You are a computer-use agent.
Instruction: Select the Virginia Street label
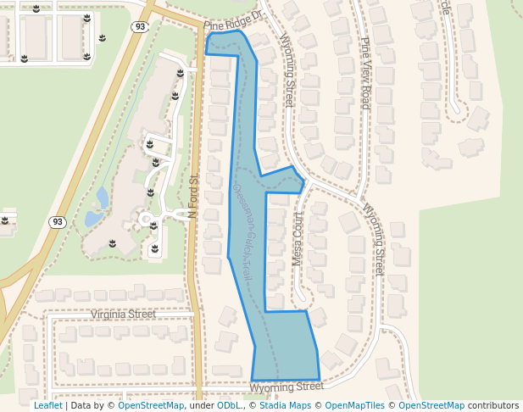pos(123,314)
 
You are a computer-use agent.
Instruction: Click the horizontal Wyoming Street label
pos(287,387)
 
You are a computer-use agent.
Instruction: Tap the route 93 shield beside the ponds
pos(57,222)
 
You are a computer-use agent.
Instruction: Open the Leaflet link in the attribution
pos(47,406)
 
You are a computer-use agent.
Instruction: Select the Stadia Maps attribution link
pos(285,406)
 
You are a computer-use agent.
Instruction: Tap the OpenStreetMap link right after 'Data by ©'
pos(151,406)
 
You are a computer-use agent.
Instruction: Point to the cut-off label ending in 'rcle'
pos(444,7)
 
